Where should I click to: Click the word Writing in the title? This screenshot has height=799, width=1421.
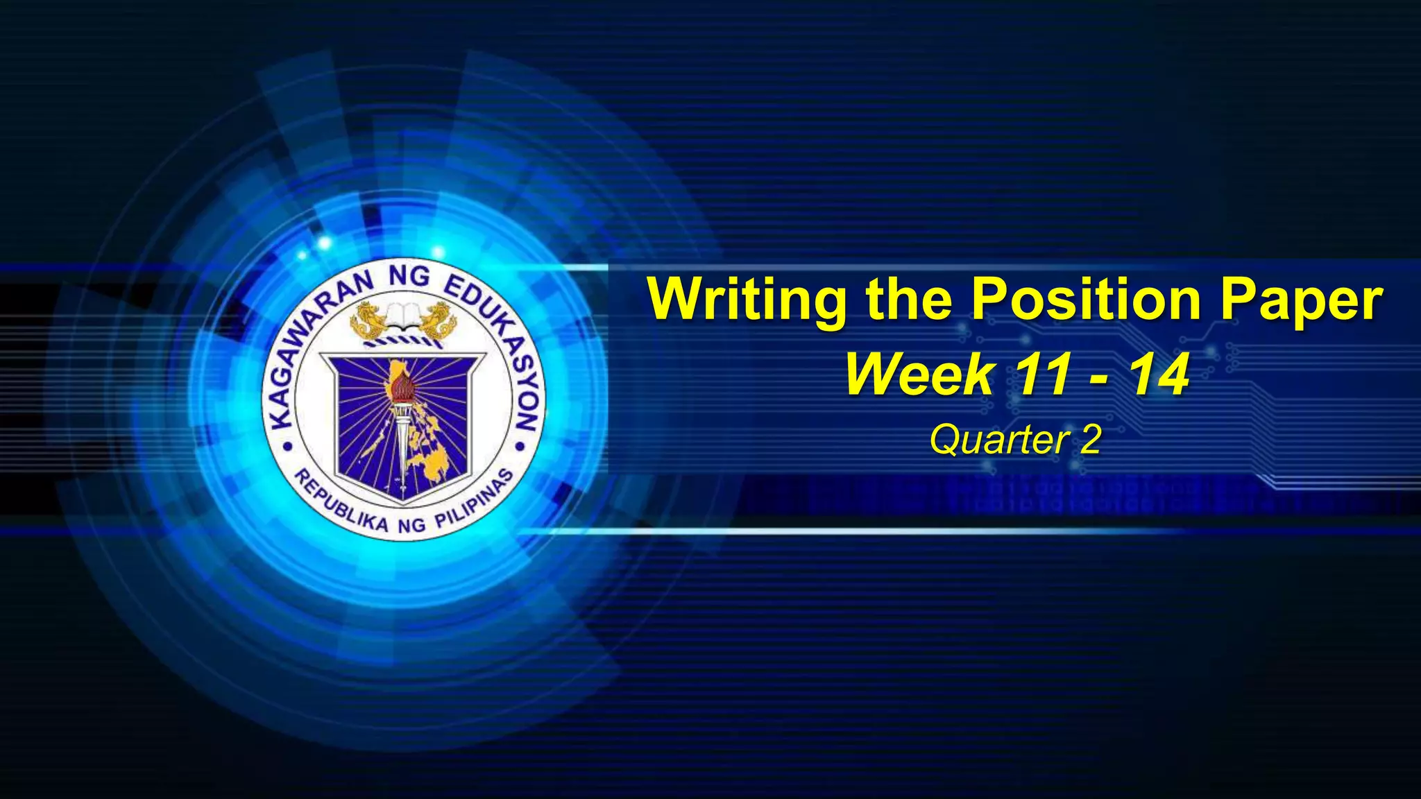pyautogui.click(x=747, y=300)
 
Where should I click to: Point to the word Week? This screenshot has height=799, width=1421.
pyautogui.click(x=920, y=375)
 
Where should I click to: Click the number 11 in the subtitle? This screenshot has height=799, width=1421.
pyautogui.click(x=1041, y=375)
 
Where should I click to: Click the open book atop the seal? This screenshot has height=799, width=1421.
pyautogui.click(x=405, y=316)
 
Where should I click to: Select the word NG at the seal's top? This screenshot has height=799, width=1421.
pyautogui.click(x=409, y=277)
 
